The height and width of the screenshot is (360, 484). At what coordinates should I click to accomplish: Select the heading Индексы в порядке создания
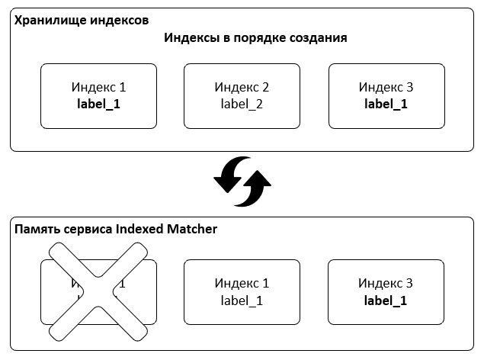tap(255, 38)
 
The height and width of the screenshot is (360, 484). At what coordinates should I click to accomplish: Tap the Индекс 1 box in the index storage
tap(98, 96)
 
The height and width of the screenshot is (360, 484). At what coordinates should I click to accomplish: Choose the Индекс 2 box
tap(242, 96)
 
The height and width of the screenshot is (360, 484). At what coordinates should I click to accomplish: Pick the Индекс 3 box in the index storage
tap(386, 96)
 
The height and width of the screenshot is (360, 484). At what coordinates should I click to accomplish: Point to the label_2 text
tap(242, 104)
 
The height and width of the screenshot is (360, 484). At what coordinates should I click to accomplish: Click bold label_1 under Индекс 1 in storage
tap(98, 104)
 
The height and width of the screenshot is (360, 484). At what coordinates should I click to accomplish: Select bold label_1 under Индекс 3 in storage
tap(386, 104)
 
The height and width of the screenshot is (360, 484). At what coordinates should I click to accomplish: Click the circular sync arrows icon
tap(242, 182)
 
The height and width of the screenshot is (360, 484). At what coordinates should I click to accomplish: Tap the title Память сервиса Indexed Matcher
tap(115, 229)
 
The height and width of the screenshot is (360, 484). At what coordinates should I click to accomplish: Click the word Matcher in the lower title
tap(190, 229)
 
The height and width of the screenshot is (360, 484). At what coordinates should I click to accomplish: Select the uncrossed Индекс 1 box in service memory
tap(242, 292)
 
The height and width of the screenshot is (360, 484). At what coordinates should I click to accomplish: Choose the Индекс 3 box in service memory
tap(386, 292)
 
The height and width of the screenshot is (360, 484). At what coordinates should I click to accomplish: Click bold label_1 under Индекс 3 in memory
tap(386, 301)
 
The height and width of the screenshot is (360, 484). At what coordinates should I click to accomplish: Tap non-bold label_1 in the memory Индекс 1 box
tap(242, 301)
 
